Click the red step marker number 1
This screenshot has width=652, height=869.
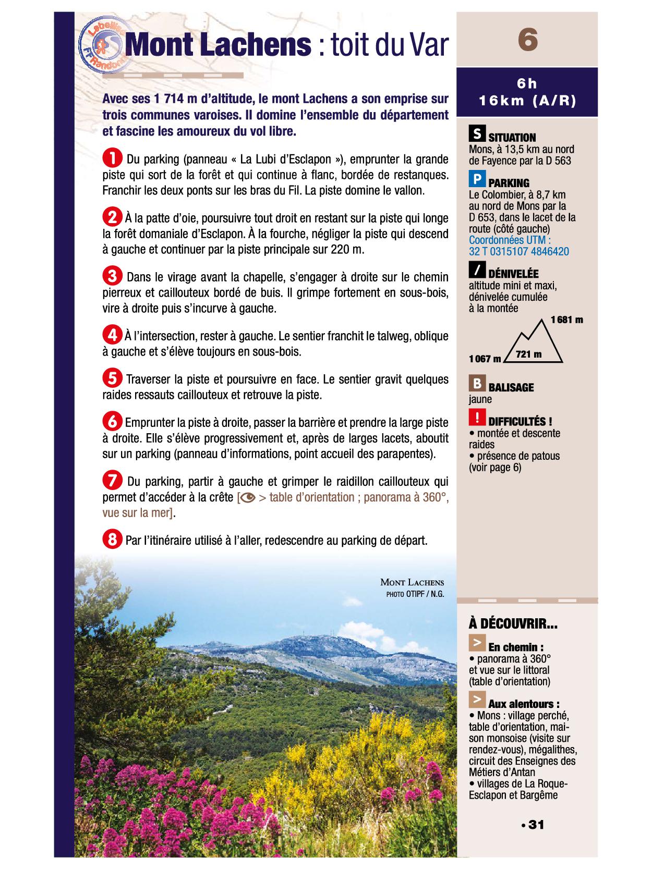click(x=112, y=157)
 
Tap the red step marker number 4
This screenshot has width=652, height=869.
click(x=112, y=334)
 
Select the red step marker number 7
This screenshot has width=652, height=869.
click(x=112, y=480)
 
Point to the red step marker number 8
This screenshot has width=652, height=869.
click(x=112, y=540)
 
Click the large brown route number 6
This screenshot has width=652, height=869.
click(x=527, y=40)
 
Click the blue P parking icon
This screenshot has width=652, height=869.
click(x=476, y=180)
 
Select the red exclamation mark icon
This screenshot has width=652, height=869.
click(x=477, y=418)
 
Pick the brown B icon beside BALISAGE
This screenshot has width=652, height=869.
click(x=476, y=384)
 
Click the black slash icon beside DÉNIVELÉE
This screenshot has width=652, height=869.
click(x=476, y=271)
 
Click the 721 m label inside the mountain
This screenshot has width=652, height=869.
click(x=529, y=355)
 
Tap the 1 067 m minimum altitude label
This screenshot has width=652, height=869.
click(x=485, y=359)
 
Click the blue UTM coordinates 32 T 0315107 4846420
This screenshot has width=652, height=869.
click(x=518, y=252)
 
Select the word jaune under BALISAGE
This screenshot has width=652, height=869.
click(x=480, y=400)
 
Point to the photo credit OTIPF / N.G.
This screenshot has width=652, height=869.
click(x=415, y=594)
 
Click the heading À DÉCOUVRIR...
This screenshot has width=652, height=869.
click(x=512, y=623)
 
